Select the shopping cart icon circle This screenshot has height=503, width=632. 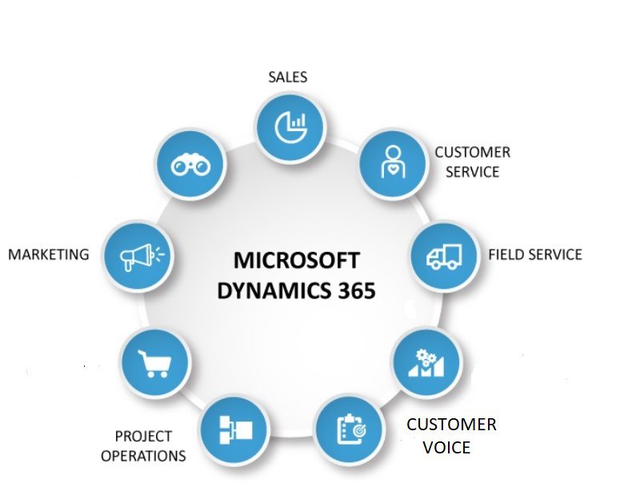pos(154,361)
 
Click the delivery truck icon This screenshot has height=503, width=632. pos(443,256)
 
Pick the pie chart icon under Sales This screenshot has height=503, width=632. pos(290,125)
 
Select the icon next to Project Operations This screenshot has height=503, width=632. pos(233,429)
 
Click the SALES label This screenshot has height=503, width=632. pos(287,77)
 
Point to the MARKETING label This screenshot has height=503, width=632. pos(48,254)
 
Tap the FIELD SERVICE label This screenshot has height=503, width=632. pos(534,254)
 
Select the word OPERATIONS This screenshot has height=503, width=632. pos(143,456)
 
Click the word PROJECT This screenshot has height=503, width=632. pos(143,436)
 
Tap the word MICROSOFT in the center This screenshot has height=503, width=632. pos(296,261)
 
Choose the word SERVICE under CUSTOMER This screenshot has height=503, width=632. pos(471,171)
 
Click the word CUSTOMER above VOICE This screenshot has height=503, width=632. pos(451,424)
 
